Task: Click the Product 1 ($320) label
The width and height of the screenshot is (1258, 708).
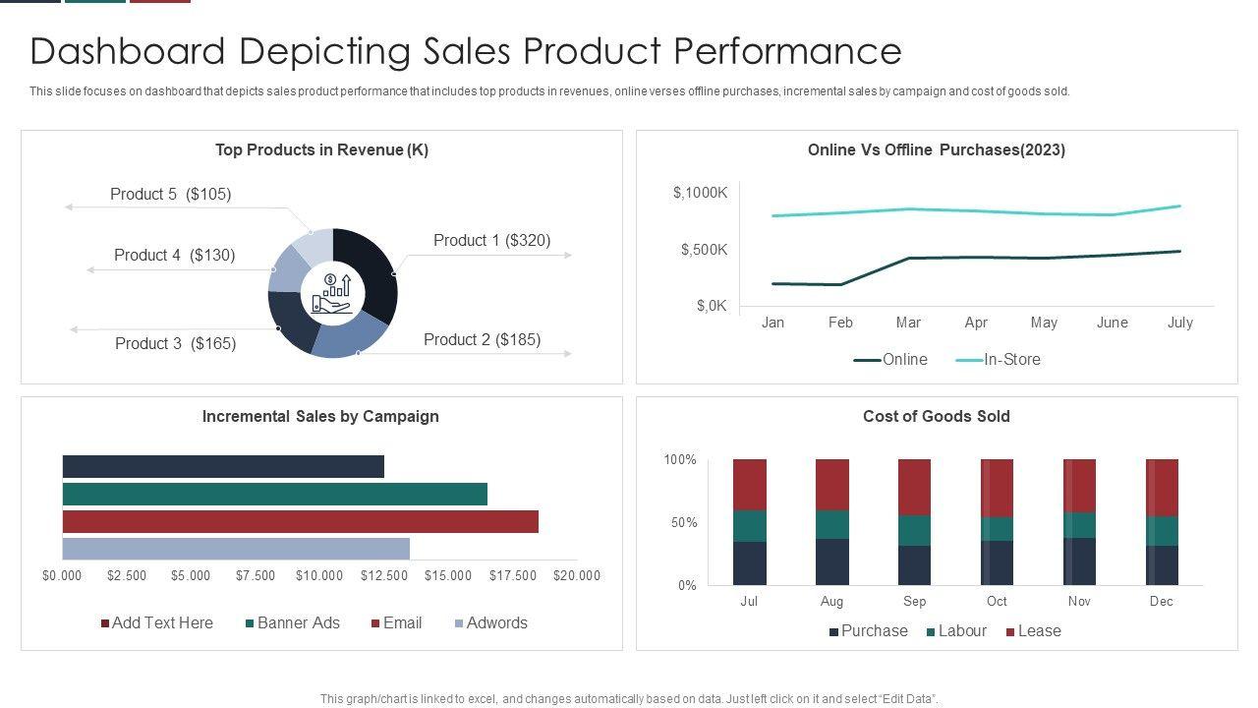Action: pos(491,241)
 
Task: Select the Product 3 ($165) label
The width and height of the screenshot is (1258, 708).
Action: pos(175,344)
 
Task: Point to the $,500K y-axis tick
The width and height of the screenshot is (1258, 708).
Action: pos(704,250)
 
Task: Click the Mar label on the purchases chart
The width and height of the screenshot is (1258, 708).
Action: pos(908,323)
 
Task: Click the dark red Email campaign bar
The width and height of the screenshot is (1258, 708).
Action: pos(300,521)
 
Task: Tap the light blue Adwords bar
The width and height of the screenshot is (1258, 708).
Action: pos(236,549)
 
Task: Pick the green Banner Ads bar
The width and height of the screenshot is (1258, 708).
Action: pos(274,494)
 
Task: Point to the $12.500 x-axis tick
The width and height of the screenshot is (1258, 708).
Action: pos(383,576)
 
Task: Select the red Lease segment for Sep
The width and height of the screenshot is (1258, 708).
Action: pos(914,487)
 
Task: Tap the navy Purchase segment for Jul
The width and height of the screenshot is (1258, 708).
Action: pos(750,563)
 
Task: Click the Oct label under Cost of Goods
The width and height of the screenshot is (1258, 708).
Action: pos(997,602)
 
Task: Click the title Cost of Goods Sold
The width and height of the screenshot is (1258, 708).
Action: pos(936,417)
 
